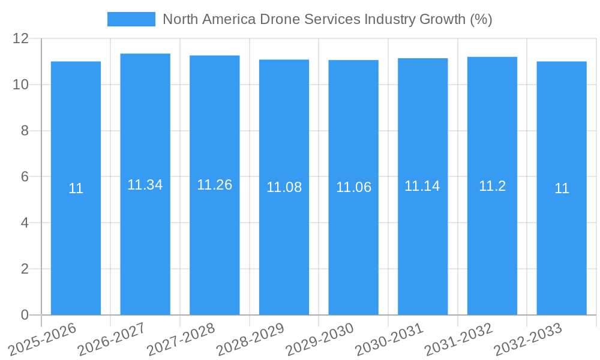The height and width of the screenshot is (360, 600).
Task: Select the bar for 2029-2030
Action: point(353,240)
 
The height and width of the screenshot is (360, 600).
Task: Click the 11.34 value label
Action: point(145,185)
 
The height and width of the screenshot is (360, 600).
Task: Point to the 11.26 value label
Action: point(215,185)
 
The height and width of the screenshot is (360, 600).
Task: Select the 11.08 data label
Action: point(284,187)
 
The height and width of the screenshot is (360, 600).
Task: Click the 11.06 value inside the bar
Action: point(353,187)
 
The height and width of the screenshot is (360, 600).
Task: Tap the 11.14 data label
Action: point(422,186)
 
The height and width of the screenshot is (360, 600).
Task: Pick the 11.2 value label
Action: point(492,186)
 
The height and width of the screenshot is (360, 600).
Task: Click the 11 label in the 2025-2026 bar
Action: point(76,188)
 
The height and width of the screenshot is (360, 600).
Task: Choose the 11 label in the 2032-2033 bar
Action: point(562,188)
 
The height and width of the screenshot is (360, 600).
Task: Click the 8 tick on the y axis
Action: point(25,131)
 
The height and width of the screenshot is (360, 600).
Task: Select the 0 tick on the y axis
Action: point(25,315)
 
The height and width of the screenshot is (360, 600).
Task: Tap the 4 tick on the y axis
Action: point(25,223)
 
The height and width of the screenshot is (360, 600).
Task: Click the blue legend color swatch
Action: point(131,19)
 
